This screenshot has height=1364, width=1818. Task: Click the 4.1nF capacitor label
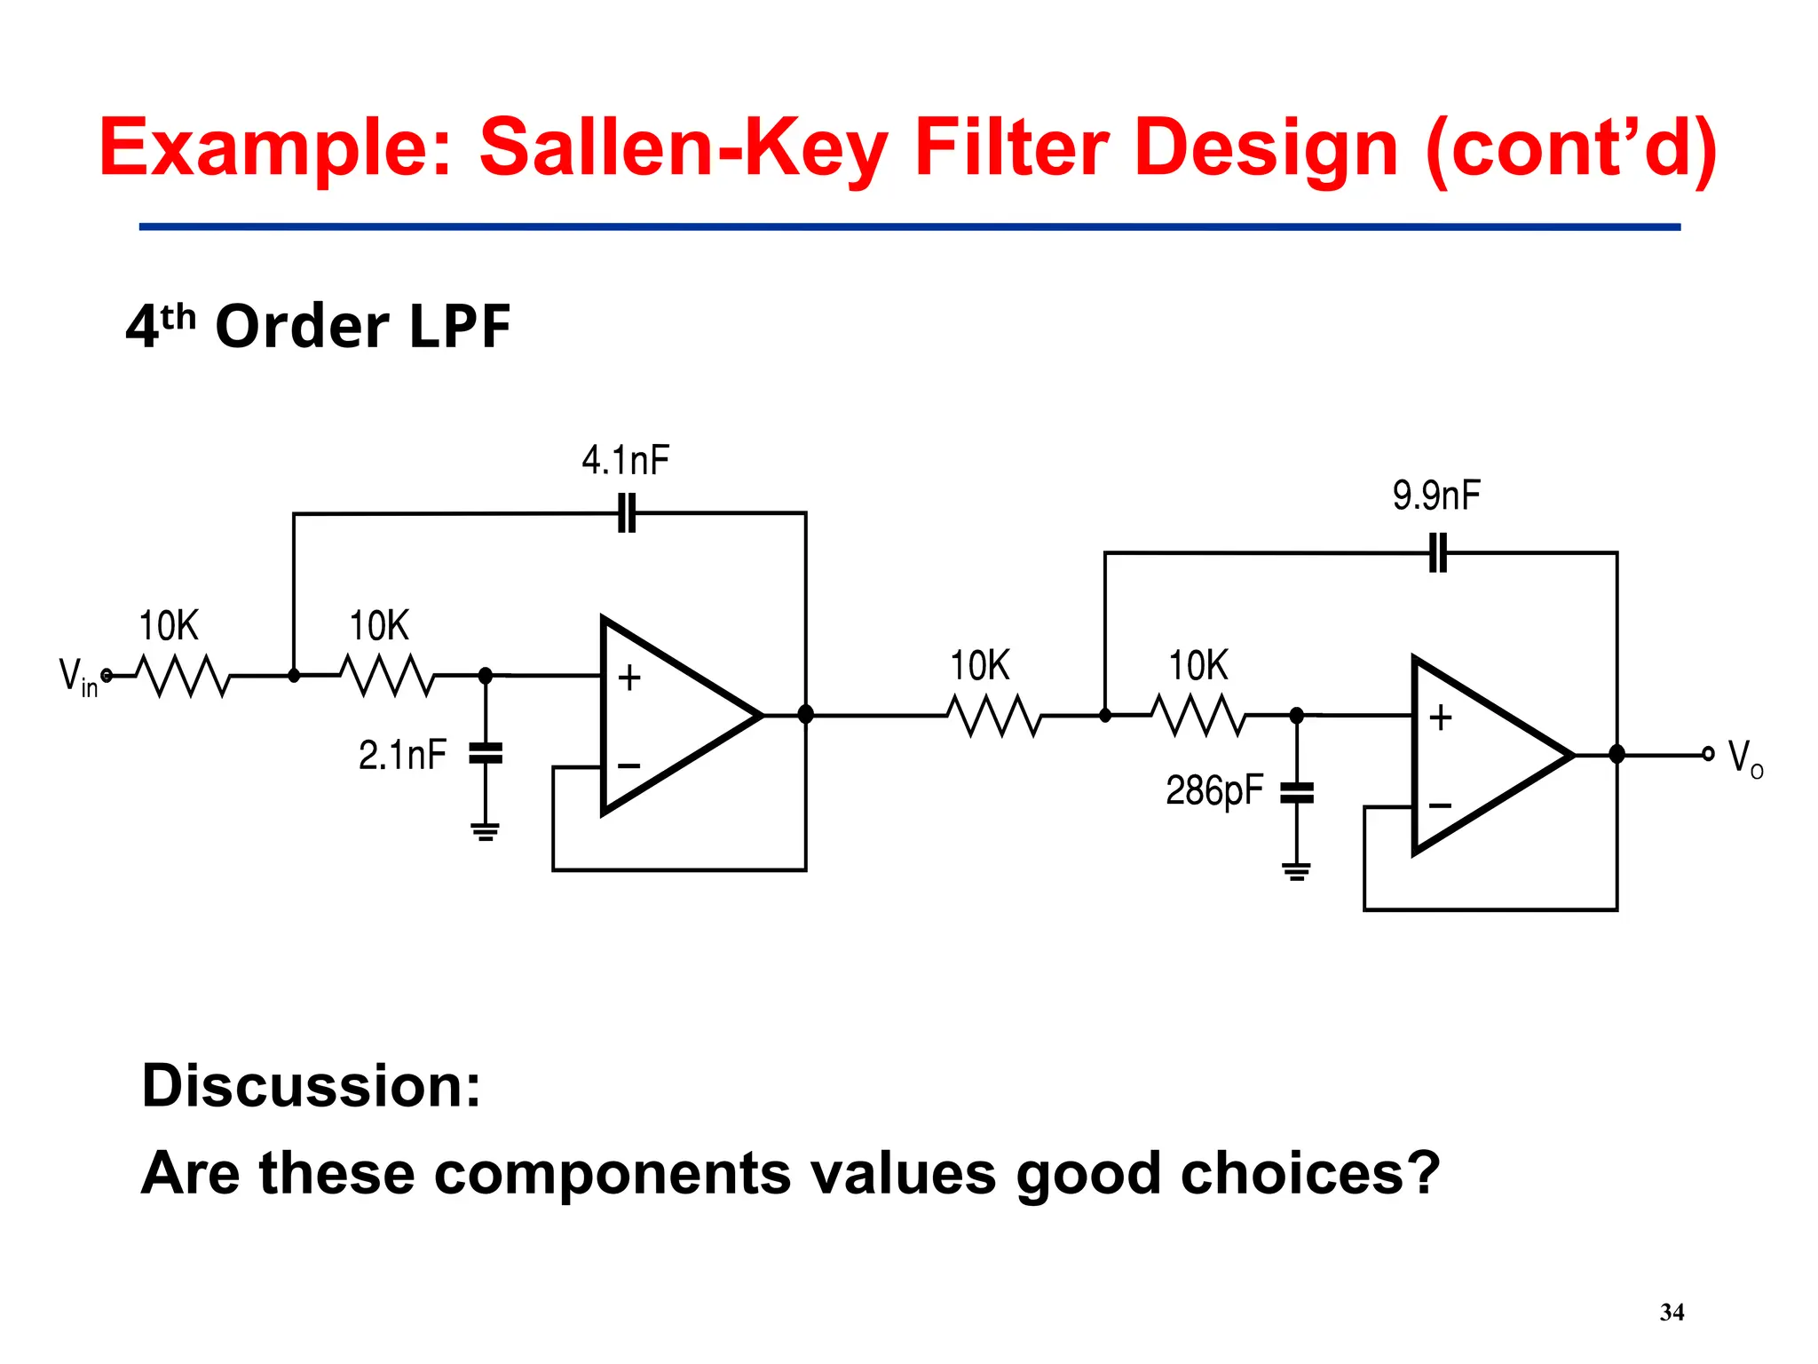click(x=625, y=460)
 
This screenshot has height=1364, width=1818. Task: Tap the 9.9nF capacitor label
click(x=1435, y=496)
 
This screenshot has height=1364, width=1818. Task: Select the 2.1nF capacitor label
click(x=402, y=755)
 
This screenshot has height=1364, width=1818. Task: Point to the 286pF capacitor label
click(x=1213, y=790)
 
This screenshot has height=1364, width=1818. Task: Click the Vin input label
click(x=77, y=678)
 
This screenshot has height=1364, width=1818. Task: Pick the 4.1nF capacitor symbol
click(x=627, y=513)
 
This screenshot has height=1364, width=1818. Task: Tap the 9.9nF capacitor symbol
click(x=1438, y=552)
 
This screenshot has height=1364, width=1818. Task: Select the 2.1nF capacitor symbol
click(x=485, y=753)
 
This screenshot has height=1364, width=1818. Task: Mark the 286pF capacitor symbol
click(x=1296, y=792)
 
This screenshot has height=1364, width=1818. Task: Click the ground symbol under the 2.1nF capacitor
click(x=485, y=831)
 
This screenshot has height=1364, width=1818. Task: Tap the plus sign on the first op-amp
click(x=629, y=678)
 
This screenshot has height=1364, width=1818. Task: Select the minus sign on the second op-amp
click(x=1440, y=806)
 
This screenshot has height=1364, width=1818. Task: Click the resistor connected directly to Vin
click(x=185, y=676)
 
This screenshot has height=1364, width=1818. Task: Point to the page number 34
click(x=1672, y=1312)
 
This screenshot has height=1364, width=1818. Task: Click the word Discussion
click(x=311, y=1085)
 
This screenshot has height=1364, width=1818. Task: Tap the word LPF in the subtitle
click(x=460, y=326)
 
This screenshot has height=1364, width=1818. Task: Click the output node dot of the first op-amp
click(x=805, y=715)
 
